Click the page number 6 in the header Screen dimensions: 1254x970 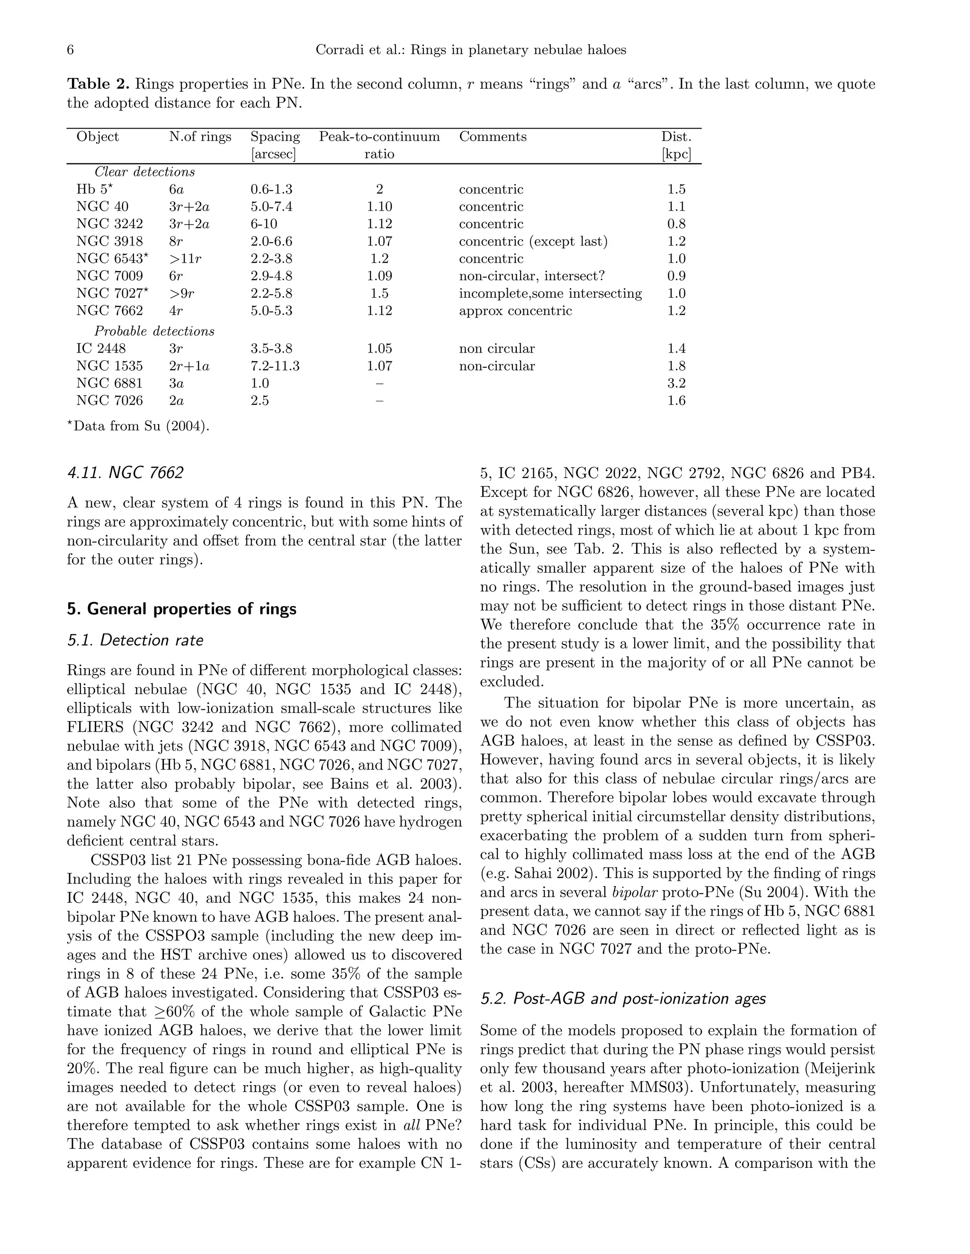click(71, 50)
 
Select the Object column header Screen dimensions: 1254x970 click(98, 137)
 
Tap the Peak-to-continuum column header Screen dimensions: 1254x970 click(379, 137)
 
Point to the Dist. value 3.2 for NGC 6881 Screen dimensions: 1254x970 click(676, 384)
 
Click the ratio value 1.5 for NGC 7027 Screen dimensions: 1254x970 click(379, 293)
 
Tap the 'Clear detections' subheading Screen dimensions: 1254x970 click(145, 172)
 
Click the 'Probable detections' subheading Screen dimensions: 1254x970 click(154, 331)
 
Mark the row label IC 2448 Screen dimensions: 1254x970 click(101, 349)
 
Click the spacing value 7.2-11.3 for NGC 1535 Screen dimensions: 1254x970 click(275, 366)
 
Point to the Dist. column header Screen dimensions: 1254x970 click(676, 137)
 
